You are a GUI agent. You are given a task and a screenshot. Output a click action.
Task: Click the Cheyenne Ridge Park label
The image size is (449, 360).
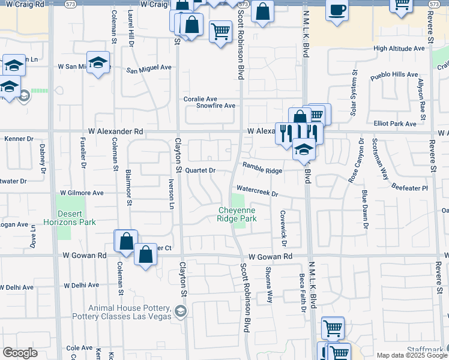(237, 214)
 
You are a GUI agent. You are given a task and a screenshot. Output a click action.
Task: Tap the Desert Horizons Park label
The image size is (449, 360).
(77, 218)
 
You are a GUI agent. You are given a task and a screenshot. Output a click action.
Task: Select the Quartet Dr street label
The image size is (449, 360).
(200, 170)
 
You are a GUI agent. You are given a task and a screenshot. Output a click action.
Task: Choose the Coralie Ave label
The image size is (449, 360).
(200, 99)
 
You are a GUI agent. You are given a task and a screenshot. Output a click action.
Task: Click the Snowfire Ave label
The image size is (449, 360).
(215, 106)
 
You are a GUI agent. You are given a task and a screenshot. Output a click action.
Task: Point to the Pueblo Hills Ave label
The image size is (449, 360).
(394, 75)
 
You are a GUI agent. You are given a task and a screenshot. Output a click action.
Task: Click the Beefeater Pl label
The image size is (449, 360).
(409, 188)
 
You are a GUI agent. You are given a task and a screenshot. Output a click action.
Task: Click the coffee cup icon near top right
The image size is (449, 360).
(337, 10)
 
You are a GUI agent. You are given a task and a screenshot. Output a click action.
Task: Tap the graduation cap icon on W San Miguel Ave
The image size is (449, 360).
(97, 62)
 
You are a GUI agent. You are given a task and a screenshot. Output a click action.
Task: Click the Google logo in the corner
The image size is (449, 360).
(20, 353)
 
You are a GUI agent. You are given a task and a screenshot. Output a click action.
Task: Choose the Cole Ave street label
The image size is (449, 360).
(79, 348)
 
